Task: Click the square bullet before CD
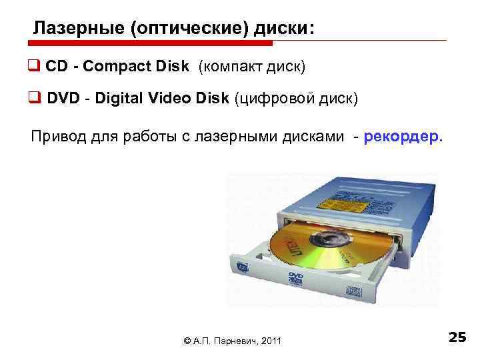click(x=33, y=68)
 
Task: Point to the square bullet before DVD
click(x=33, y=99)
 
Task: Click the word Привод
click(x=57, y=137)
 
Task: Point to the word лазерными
click(x=257, y=137)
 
